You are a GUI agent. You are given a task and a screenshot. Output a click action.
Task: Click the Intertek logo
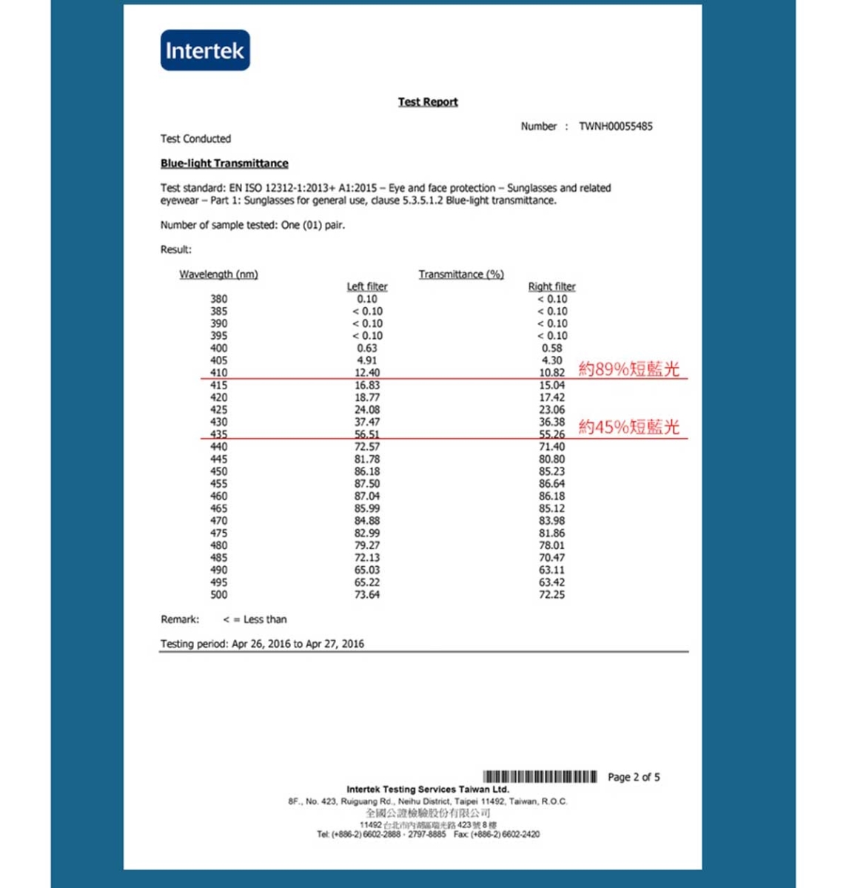205,50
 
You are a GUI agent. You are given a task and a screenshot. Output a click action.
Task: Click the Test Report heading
428,102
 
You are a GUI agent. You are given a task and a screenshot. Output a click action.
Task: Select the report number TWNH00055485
615,127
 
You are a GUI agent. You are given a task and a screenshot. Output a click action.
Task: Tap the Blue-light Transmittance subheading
224,164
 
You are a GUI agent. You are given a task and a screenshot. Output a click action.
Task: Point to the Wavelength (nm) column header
218,275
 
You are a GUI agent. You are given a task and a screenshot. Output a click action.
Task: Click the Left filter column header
367,286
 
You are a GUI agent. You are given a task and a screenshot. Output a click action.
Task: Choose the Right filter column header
551,286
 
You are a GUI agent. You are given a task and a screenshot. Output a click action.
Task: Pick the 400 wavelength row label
218,348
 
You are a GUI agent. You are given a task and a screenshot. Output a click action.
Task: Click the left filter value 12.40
367,373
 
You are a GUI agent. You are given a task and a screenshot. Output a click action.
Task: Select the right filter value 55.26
551,434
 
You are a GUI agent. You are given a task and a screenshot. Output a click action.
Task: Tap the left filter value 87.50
367,484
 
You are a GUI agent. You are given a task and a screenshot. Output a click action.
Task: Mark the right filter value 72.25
551,595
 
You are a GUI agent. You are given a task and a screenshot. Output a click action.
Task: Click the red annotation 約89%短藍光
628,369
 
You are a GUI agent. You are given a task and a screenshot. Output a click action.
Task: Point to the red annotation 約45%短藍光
628,426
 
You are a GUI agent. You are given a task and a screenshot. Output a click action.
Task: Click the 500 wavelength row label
218,595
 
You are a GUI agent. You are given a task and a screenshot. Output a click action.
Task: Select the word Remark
180,619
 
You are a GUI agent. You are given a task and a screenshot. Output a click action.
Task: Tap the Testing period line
262,644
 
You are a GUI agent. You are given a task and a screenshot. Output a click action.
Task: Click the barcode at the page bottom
540,777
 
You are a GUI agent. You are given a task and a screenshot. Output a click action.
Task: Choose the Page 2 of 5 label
634,777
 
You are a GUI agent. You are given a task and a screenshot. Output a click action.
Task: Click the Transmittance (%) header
461,275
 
